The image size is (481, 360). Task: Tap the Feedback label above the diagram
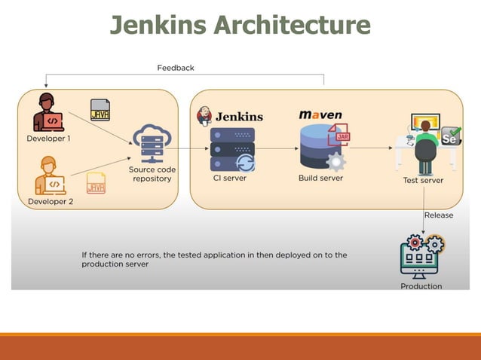(x=176, y=68)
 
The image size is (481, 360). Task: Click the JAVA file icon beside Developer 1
(x=100, y=111)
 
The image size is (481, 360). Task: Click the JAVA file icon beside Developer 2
(x=96, y=182)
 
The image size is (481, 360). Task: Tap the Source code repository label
(x=152, y=174)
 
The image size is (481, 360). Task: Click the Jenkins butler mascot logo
(x=204, y=115)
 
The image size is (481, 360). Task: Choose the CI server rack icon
(x=233, y=150)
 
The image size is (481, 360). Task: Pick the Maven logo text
(x=320, y=115)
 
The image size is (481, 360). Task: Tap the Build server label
(x=320, y=178)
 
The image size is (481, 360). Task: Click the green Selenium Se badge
(x=450, y=137)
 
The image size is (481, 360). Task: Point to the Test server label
(x=423, y=180)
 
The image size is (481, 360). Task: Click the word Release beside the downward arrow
(x=439, y=215)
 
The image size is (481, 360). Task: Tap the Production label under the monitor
(x=421, y=286)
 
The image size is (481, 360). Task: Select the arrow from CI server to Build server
(x=277, y=149)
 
